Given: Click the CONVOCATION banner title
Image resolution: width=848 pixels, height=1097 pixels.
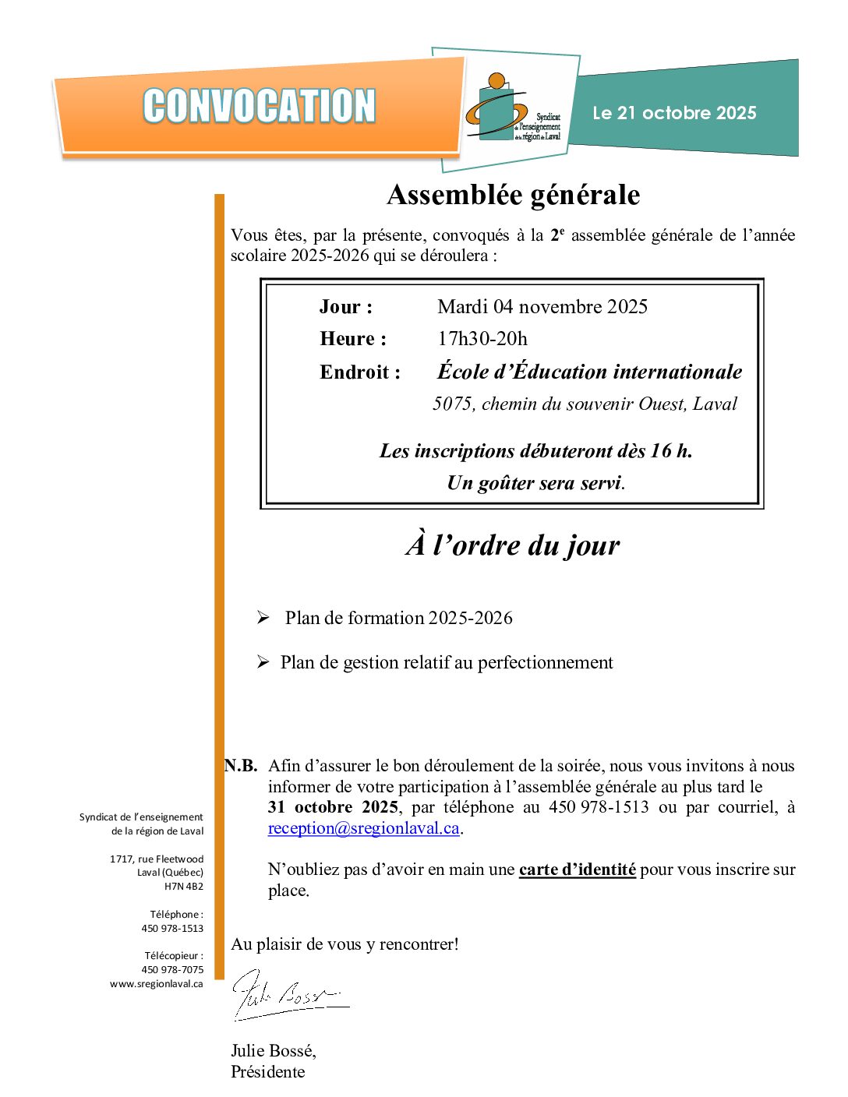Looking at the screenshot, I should tap(260, 106).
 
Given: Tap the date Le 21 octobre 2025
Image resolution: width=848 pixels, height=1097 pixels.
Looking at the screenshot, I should tap(674, 113).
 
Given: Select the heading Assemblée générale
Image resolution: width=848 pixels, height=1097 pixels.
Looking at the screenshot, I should tap(513, 195).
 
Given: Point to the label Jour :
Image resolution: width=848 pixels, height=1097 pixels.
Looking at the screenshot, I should tap(346, 307).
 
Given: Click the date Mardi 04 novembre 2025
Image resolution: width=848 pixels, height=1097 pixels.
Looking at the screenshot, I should tap(542, 307).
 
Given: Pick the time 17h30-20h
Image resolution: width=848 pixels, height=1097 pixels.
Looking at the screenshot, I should tap(482, 339).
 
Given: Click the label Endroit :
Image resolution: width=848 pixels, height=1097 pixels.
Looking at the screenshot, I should tap(360, 372).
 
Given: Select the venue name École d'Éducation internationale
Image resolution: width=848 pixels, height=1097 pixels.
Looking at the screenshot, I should tap(589, 372).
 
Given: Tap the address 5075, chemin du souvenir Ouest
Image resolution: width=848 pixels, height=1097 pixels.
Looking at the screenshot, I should tap(585, 404).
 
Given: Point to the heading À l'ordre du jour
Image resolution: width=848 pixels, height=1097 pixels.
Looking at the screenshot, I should tap(513, 545).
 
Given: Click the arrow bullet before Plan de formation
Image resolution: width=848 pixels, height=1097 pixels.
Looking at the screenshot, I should tap(263, 618).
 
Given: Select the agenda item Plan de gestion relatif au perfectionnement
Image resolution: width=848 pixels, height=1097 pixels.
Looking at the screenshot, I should tap(447, 662).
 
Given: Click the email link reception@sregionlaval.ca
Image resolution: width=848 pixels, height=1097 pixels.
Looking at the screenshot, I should tap(363, 828).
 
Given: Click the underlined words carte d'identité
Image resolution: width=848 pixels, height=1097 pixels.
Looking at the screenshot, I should tap(578, 869).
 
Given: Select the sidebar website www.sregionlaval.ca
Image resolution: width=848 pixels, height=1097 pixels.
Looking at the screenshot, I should tap(157, 984).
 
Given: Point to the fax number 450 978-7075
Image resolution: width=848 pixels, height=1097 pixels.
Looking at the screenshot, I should tap(172, 970).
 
